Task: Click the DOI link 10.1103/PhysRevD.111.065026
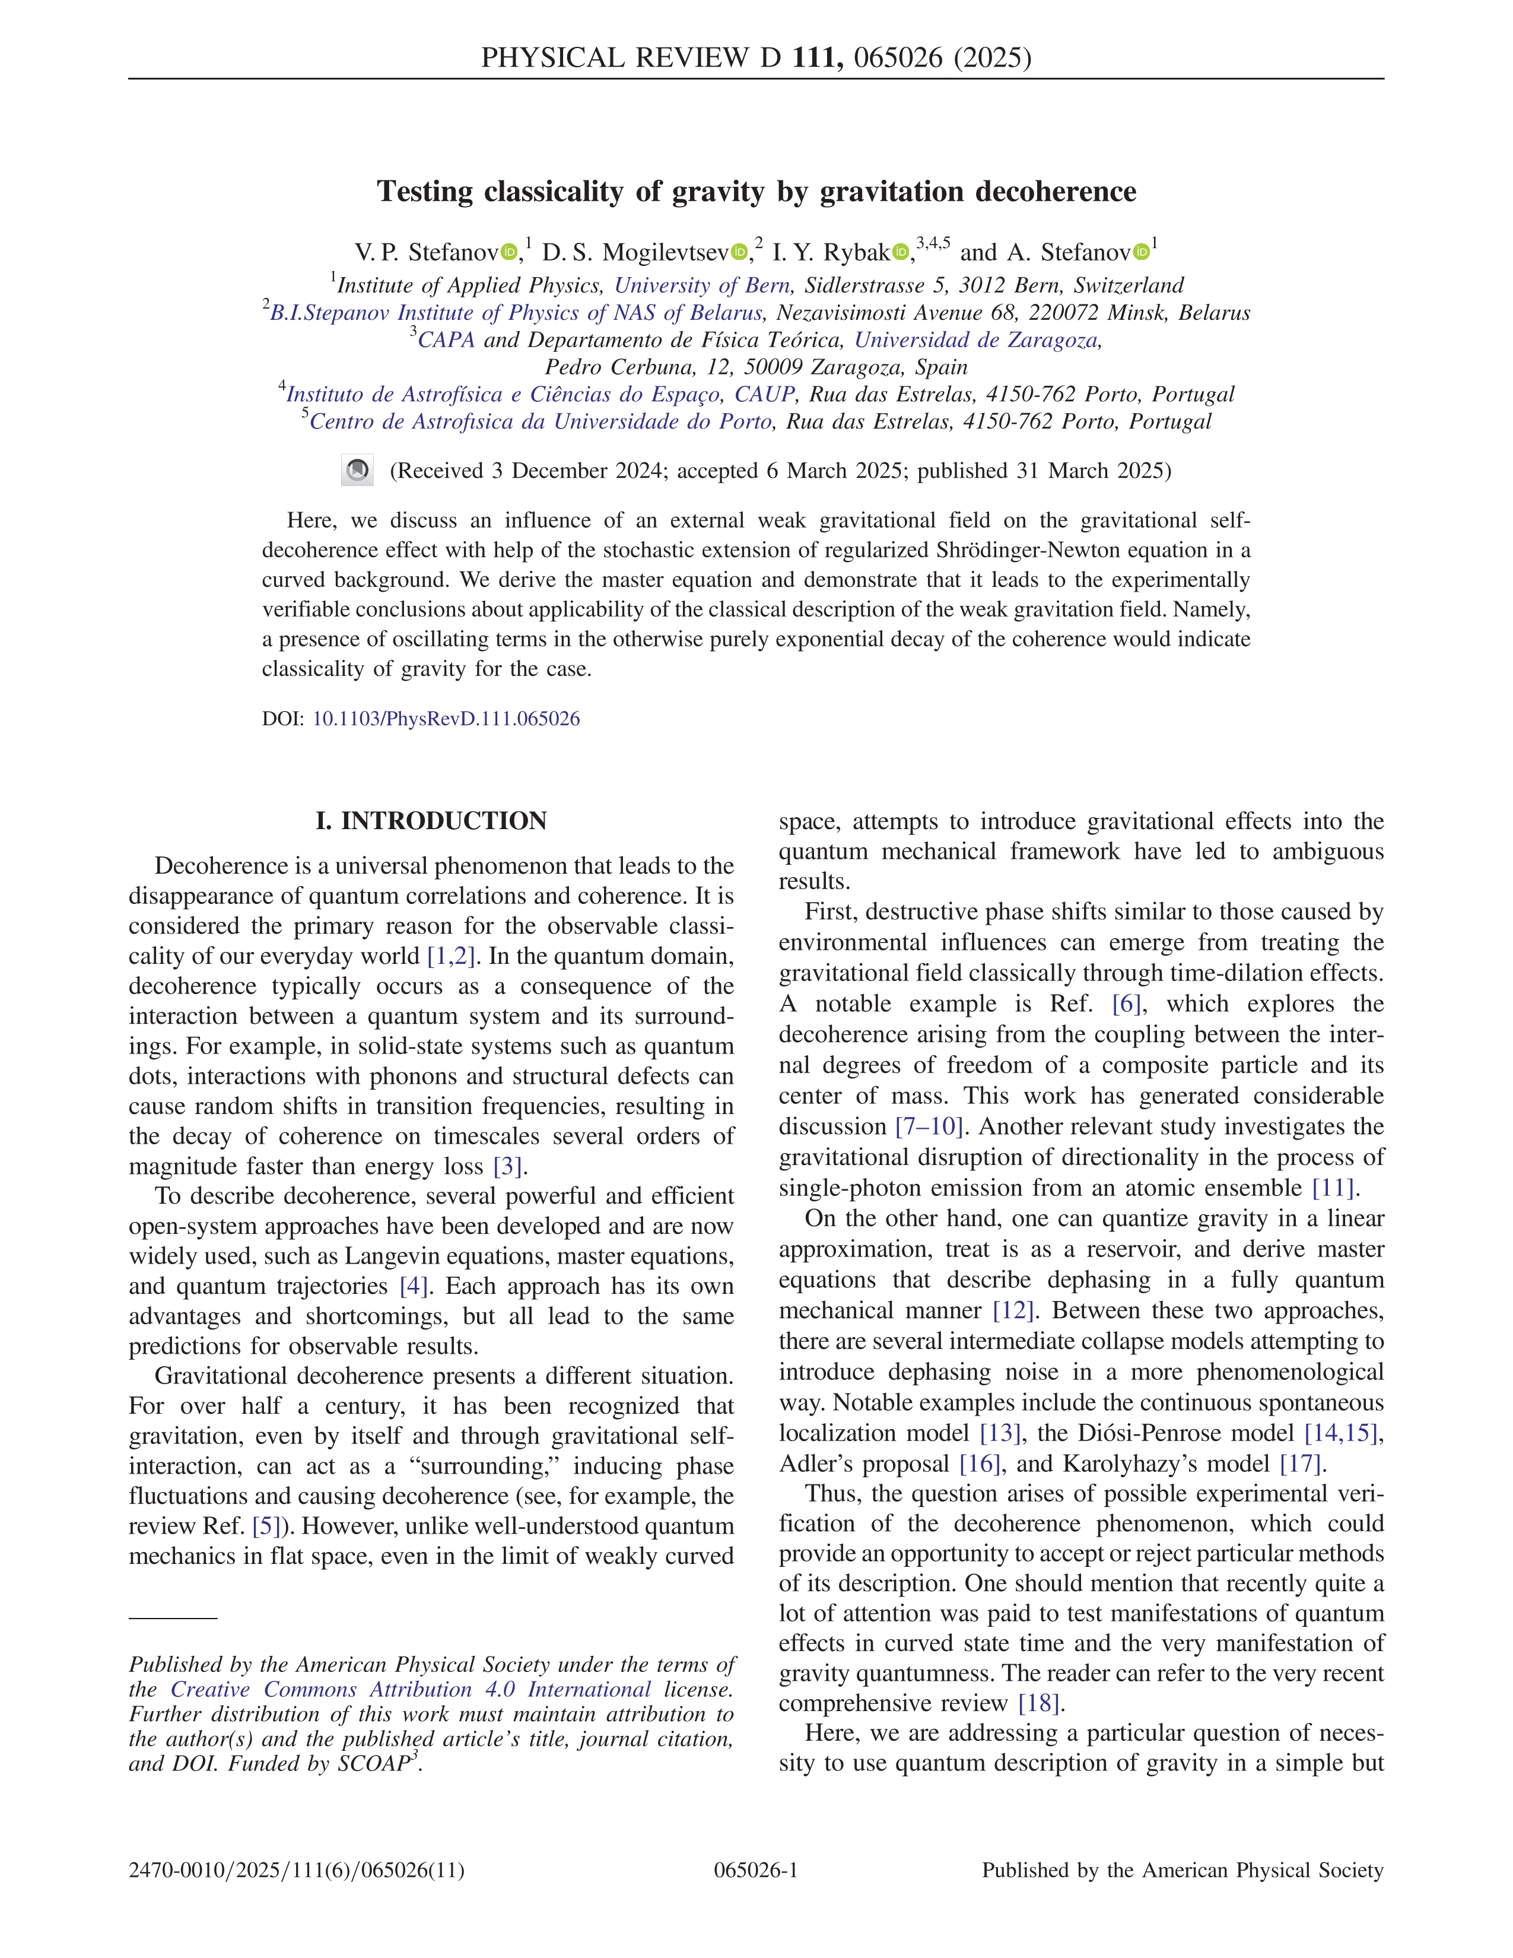446,719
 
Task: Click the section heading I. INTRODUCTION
431,821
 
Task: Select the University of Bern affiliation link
702,286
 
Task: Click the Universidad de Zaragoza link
976,341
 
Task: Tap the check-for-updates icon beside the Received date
358,471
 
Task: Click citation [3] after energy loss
508,1166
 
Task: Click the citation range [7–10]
930,1127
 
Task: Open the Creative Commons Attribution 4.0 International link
411,1690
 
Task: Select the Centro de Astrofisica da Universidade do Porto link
541,422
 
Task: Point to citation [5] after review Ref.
267,1526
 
